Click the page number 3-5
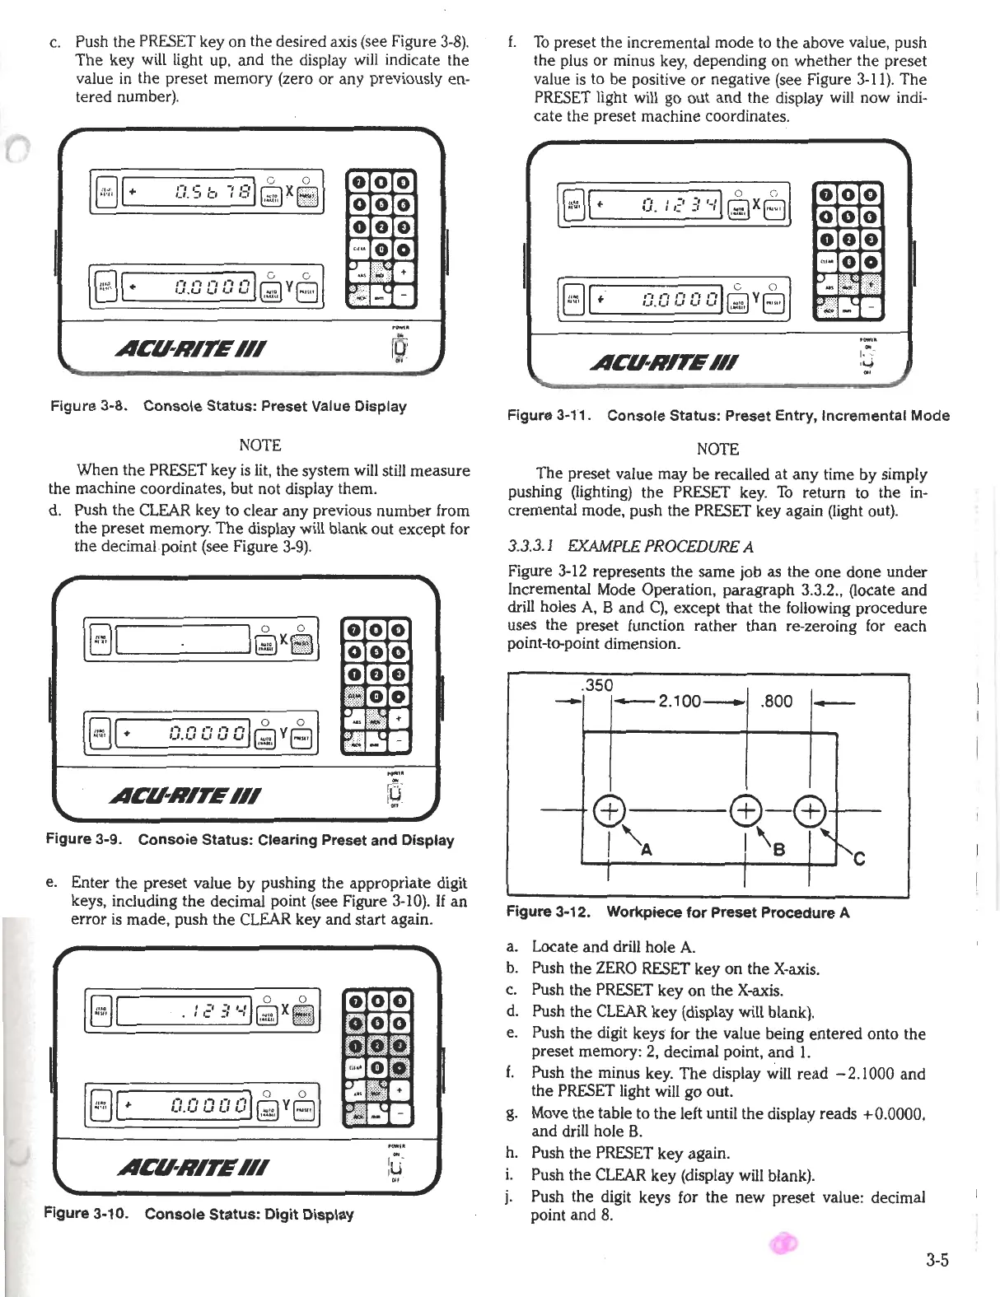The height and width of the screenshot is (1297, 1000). pos(937,1258)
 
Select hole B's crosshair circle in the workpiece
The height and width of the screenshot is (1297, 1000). pos(745,810)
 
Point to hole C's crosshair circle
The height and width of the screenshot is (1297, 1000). pos(811,810)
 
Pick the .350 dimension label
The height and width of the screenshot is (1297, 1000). pos(596,685)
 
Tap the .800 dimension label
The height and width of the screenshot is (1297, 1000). pos(777,702)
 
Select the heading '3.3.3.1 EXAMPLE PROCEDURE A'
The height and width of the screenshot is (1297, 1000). pos(631,546)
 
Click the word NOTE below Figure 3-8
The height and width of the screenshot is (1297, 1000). pos(259,446)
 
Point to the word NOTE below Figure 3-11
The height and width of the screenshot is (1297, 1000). pos(717,449)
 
